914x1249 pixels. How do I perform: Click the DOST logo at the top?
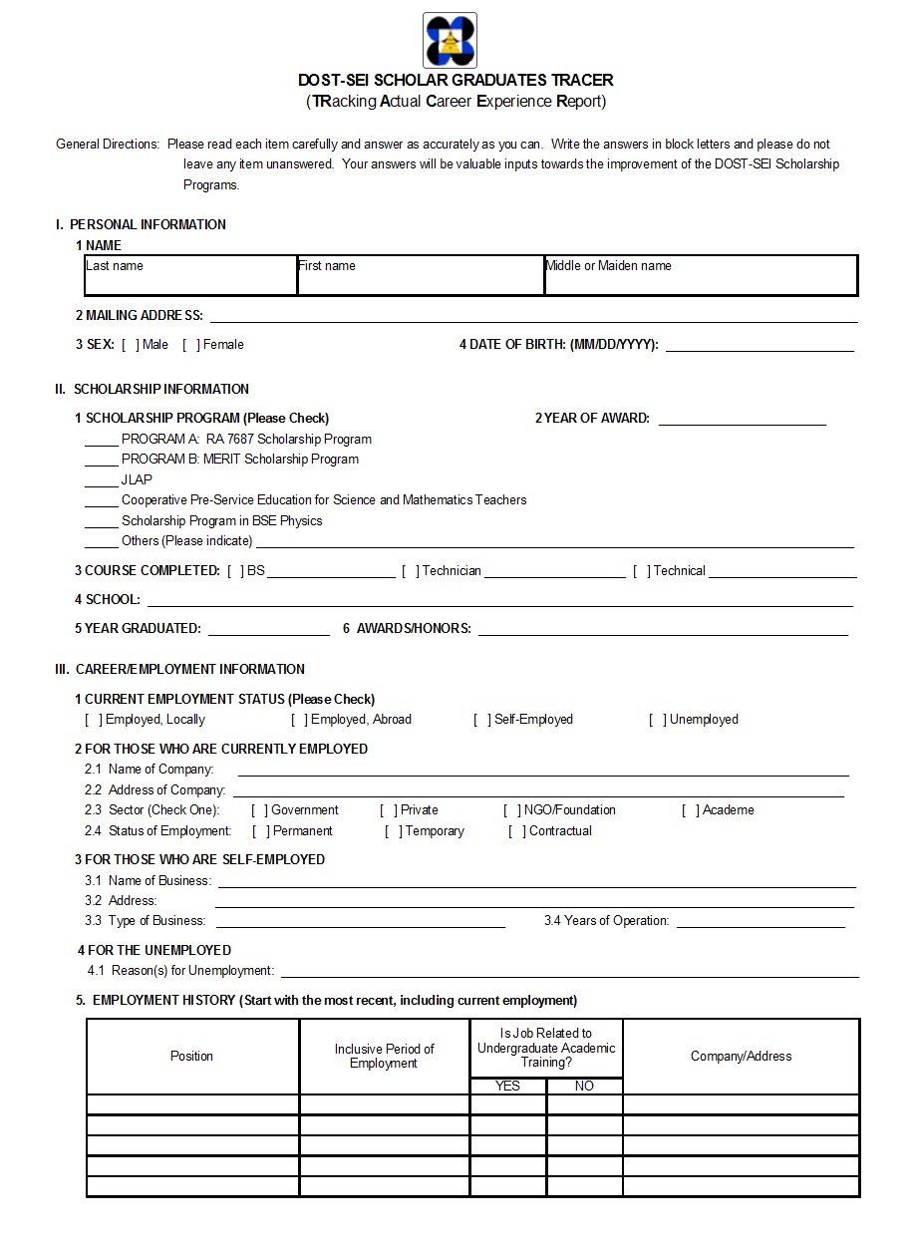450,40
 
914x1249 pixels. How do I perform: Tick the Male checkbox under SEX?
131,345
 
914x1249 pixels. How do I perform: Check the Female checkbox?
191,345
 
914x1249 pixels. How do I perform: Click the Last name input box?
190,276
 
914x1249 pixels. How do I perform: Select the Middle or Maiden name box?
700,276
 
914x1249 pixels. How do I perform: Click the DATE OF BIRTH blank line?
759,348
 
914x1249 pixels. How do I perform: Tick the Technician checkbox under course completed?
411,571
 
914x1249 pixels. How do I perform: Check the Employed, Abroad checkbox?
299,720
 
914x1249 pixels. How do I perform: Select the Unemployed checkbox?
658,720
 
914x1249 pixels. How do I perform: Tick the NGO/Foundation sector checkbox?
512,811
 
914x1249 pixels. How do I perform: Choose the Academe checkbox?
691,811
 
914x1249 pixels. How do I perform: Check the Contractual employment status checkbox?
517,831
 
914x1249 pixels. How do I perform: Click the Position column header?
191,1057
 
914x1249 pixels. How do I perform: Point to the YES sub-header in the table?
507,1087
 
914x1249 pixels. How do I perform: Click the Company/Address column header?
741,1057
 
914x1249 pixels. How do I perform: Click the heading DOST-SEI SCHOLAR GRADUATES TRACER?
456,80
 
